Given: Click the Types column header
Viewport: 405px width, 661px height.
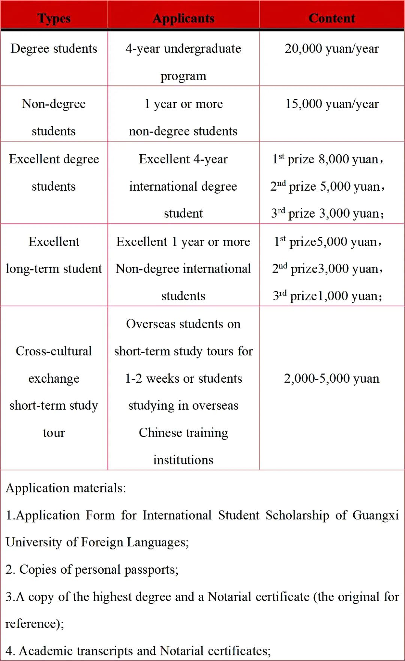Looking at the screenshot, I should (54, 18).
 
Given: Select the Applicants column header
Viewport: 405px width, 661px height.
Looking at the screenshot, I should (183, 18).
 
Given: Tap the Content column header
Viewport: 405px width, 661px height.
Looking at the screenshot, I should (331, 18).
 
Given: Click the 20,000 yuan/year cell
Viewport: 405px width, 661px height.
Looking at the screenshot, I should (331, 49).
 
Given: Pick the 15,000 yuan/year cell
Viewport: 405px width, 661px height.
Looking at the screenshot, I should (331, 104).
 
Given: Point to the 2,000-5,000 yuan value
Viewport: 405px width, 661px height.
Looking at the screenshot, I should (331, 378).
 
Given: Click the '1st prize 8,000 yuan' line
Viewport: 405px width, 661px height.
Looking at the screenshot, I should (328, 159).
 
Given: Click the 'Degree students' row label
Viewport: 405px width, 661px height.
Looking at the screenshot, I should (54, 49).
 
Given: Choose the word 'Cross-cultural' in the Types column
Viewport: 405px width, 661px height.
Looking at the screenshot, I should (54, 351).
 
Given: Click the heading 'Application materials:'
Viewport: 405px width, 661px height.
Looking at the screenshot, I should (66, 488).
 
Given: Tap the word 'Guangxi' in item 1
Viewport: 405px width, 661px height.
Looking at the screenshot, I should (375, 515).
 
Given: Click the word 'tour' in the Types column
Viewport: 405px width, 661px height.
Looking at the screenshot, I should (54, 433).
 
